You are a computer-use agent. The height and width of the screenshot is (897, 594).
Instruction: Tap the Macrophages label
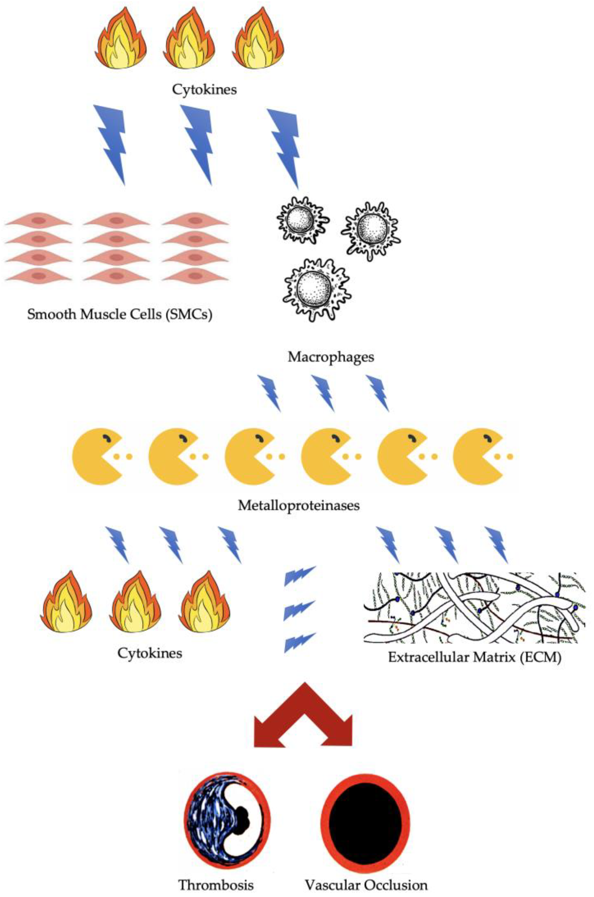point(331,357)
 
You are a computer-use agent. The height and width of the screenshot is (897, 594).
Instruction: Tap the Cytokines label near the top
point(205,90)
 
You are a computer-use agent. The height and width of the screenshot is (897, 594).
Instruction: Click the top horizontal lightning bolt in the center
point(299,575)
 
